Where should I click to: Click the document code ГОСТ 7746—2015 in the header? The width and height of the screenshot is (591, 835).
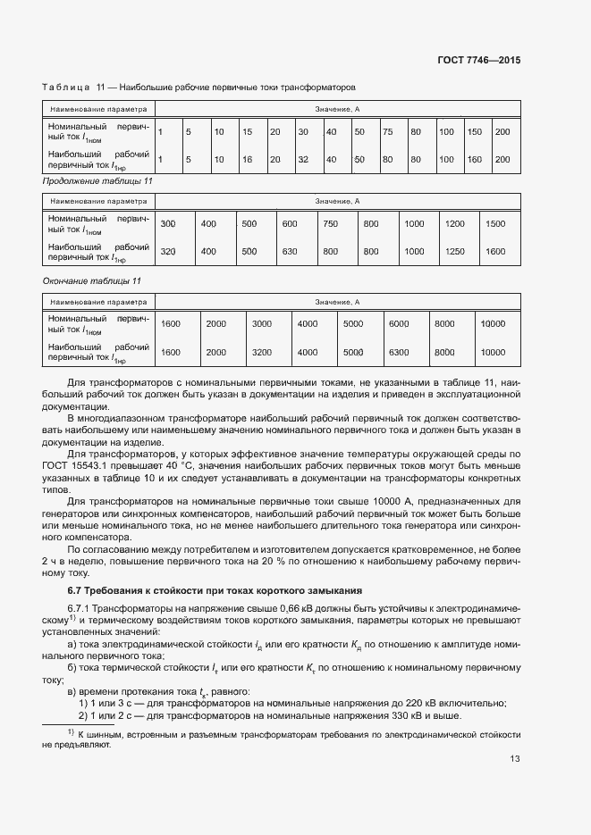pos(478,61)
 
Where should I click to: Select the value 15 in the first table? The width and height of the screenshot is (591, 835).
pos(247,132)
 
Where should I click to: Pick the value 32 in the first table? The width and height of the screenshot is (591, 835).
pos(303,159)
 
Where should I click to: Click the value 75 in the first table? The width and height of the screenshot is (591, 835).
pos(387,132)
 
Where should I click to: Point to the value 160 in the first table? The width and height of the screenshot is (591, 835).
pos(475,159)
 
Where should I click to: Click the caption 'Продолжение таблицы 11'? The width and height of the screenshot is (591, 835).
pos(97,181)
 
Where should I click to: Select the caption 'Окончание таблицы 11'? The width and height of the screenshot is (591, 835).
pos(92,280)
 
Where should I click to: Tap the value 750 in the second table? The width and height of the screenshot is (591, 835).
pos(330,224)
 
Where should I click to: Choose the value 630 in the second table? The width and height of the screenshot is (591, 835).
pos(289,252)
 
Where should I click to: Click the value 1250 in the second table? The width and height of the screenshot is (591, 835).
pos(455,252)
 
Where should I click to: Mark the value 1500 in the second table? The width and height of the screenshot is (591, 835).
pos(495,224)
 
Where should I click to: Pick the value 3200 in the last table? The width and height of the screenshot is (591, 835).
pos(262,352)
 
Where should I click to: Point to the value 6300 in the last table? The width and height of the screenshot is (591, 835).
pos(399,352)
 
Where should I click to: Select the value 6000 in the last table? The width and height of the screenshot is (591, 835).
pos(399,324)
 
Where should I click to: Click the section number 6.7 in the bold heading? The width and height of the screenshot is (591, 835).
pos(50,590)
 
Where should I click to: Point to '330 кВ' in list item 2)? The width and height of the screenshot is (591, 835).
pos(419,715)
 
